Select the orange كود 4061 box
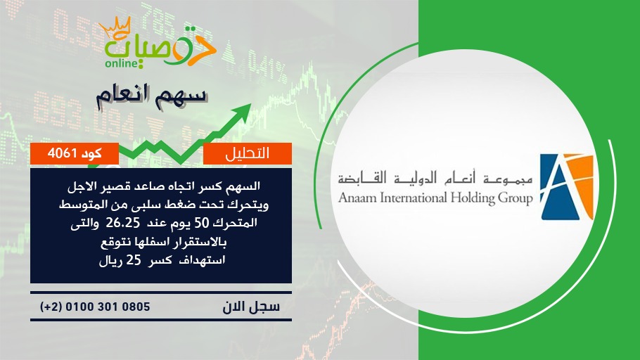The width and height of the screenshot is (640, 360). [x=75, y=153]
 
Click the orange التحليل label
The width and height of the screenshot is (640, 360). [x=248, y=153]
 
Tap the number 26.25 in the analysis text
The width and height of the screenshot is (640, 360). [x=122, y=223]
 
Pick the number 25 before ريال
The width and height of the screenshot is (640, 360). [x=133, y=260]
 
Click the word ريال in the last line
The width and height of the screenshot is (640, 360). [x=110, y=261]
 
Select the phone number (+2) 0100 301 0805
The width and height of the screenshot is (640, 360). [x=95, y=307]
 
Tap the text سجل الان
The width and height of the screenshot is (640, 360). [x=251, y=307]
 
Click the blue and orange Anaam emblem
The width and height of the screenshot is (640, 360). [x=567, y=187]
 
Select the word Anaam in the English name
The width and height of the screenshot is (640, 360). [x=358, y=198]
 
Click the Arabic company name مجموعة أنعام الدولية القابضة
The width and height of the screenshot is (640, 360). [x=435, y=179]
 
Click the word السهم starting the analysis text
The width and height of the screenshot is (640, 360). [x=245, y=186]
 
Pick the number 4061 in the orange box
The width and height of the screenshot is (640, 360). [x=62, y=153]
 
